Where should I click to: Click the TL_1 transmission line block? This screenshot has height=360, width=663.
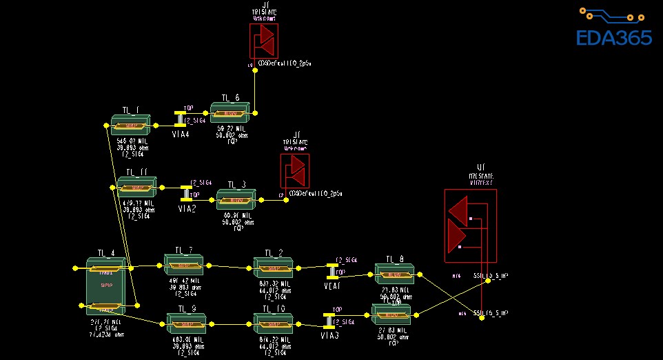130,126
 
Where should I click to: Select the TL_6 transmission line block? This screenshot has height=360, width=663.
232,113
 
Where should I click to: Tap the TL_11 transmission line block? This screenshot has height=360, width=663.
137,188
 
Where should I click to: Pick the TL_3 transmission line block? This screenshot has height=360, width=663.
236,201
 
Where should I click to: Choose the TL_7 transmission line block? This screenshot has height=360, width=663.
184,265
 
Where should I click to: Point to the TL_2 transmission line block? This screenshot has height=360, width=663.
274,268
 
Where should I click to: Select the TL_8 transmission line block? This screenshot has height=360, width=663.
394,274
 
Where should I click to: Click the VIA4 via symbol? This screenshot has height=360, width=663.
181,121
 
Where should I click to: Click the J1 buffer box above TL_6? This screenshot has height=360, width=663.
263,41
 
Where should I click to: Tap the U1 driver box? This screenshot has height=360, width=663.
469,223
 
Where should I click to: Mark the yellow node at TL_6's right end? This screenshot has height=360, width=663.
255,112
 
